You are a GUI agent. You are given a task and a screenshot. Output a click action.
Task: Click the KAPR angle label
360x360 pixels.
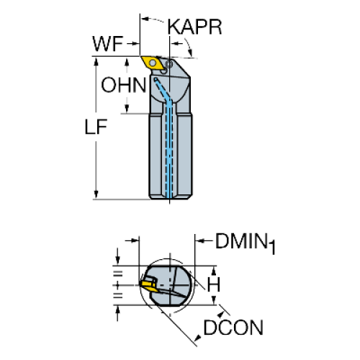pos(194,27)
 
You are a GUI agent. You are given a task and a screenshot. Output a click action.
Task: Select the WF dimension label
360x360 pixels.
pos(108,44)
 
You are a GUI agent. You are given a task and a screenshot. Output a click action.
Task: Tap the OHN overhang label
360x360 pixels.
pos(124,85)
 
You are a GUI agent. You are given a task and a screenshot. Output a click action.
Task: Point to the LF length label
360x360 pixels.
pos(96,127)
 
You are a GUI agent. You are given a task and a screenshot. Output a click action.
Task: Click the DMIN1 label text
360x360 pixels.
pos(245,243)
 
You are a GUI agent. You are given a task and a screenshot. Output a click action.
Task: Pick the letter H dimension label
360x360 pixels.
pos(213,284)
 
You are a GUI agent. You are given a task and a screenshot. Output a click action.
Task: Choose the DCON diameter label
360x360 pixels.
pos(233,328)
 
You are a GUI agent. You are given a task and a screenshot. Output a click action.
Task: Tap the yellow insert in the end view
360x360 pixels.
pos(149,286)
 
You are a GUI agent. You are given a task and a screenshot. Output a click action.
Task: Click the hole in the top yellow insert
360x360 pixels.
pos(153,63)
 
